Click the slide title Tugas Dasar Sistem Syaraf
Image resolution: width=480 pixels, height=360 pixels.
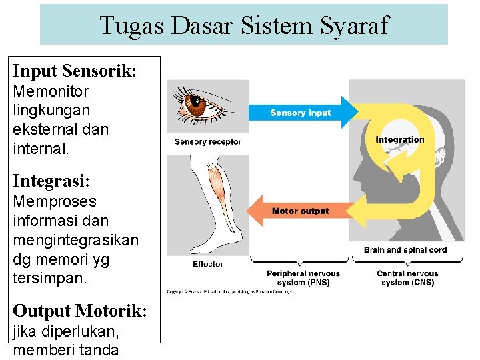pyautogui.click(x=243, y=25)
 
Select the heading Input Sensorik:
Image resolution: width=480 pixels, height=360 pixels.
pyautogui.click(x=75, y=71)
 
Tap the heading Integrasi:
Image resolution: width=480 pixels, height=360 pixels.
pyautogui.click(x=51, y=181)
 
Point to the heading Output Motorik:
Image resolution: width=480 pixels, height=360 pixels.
pyautogui.click(x=80, y=311)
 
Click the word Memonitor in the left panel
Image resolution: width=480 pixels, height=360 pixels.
pyautogui.click(x=51, y=91)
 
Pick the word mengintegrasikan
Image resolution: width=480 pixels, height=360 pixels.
pyautogui.click(x=76, y=239)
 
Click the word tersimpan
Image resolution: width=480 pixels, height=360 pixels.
pyautogui.click(x=49, y=277)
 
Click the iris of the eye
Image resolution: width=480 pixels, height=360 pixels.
pyautogui.click(x=198, y=104)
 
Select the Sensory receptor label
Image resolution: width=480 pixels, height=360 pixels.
pyautogui.click(x=208, y=141)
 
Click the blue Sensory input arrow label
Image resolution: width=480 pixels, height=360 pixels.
pyautogui.click(x=300, y=113)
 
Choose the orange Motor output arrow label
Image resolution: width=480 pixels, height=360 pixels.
pyautogui.click(x=300, y=211)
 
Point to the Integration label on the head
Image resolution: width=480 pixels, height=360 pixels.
pyautogui.click(x=400, y=139)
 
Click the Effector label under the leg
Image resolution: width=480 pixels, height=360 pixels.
pyautogui.click(x=207, y=264)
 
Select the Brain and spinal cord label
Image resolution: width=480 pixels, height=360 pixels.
pyautogui.click(x=405, y=250)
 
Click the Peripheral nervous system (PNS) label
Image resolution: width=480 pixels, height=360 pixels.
pyautogui.click(x=303, y=278)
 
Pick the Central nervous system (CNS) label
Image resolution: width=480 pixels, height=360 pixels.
pyautogui.click(x=407, y=278)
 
